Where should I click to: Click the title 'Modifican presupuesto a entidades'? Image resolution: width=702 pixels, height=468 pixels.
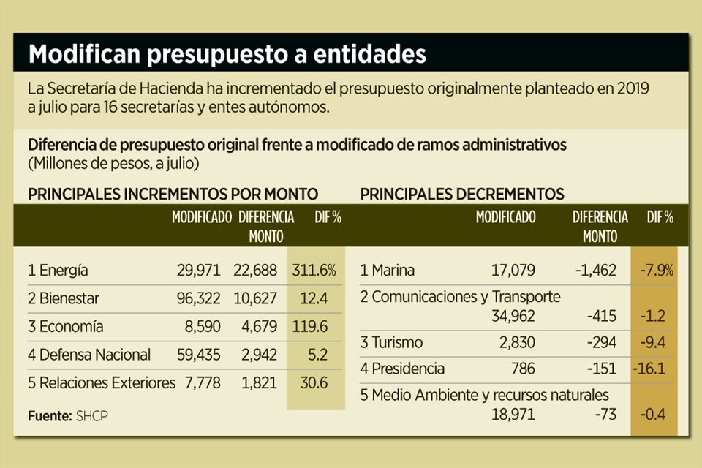pyautogui.click(x=227, y=54)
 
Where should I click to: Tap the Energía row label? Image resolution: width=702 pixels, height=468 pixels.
pyautogui.click(x=58, y=270)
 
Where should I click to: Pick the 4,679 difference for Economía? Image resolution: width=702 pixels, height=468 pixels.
pyautogui.click(x=255, y=326)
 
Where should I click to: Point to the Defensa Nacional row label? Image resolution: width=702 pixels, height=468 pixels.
pyautogui.click(x=89, y=355)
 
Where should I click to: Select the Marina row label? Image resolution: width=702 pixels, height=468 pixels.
pyautogui.click(x=388, y=270)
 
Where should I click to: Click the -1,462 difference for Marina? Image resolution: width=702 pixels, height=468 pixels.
pyautogui.click(x=596, y=270)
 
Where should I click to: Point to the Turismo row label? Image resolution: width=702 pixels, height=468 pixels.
pyautogui.click(x=391, y=342)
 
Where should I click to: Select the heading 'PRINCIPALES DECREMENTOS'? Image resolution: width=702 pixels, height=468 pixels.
pyautogui.click(x=462, y=194)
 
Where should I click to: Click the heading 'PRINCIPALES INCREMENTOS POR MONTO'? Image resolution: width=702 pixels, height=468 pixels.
pyautogui.click(x=173, y=194)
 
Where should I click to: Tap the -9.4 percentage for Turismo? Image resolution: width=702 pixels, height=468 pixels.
pyautogui.click(x=652, y=342)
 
